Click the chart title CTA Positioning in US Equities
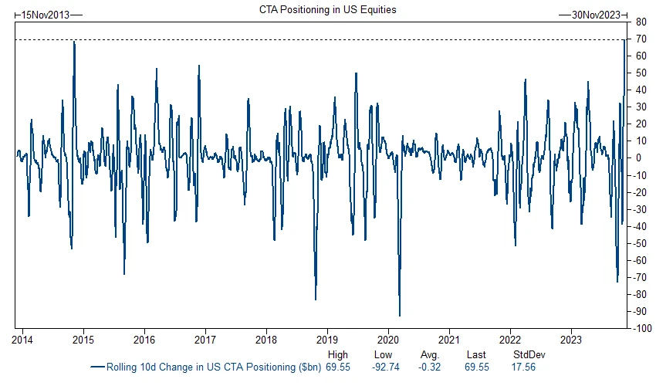tap(328, 9)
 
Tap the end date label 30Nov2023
tap(597, 14)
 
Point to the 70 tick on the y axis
tap(641, 39)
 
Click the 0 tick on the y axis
tap(639, 157)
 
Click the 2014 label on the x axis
tap(22, 339)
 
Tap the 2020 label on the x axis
tap(387, 339)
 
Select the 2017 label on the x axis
tap(205, 339)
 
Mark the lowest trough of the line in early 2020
tap(399, 315)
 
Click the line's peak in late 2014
tap(74, 42)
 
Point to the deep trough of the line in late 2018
tap(316, 299)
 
